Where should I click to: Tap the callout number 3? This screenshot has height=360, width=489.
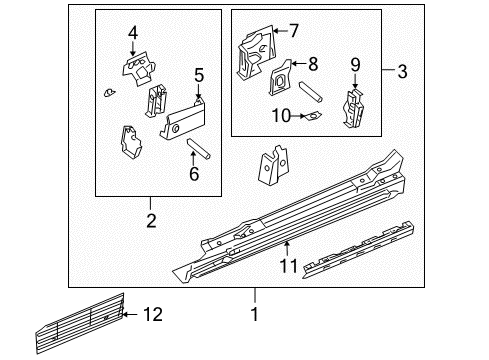tap(402, 72)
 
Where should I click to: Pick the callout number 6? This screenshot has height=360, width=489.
tap(194, 175)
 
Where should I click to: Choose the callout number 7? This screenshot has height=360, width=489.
tap(293, 29)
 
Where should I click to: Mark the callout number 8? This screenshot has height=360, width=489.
tap(313, 64)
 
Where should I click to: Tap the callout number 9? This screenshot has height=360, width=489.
tap(355, 65)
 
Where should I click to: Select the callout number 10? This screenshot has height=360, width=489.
tap(280, 116)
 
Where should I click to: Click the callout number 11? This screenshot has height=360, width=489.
tap(288, 266)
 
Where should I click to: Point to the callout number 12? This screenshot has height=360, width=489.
tap(152, 316)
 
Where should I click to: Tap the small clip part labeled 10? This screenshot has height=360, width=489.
tap(312, 116)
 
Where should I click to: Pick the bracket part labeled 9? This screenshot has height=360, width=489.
tap(353, 106)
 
